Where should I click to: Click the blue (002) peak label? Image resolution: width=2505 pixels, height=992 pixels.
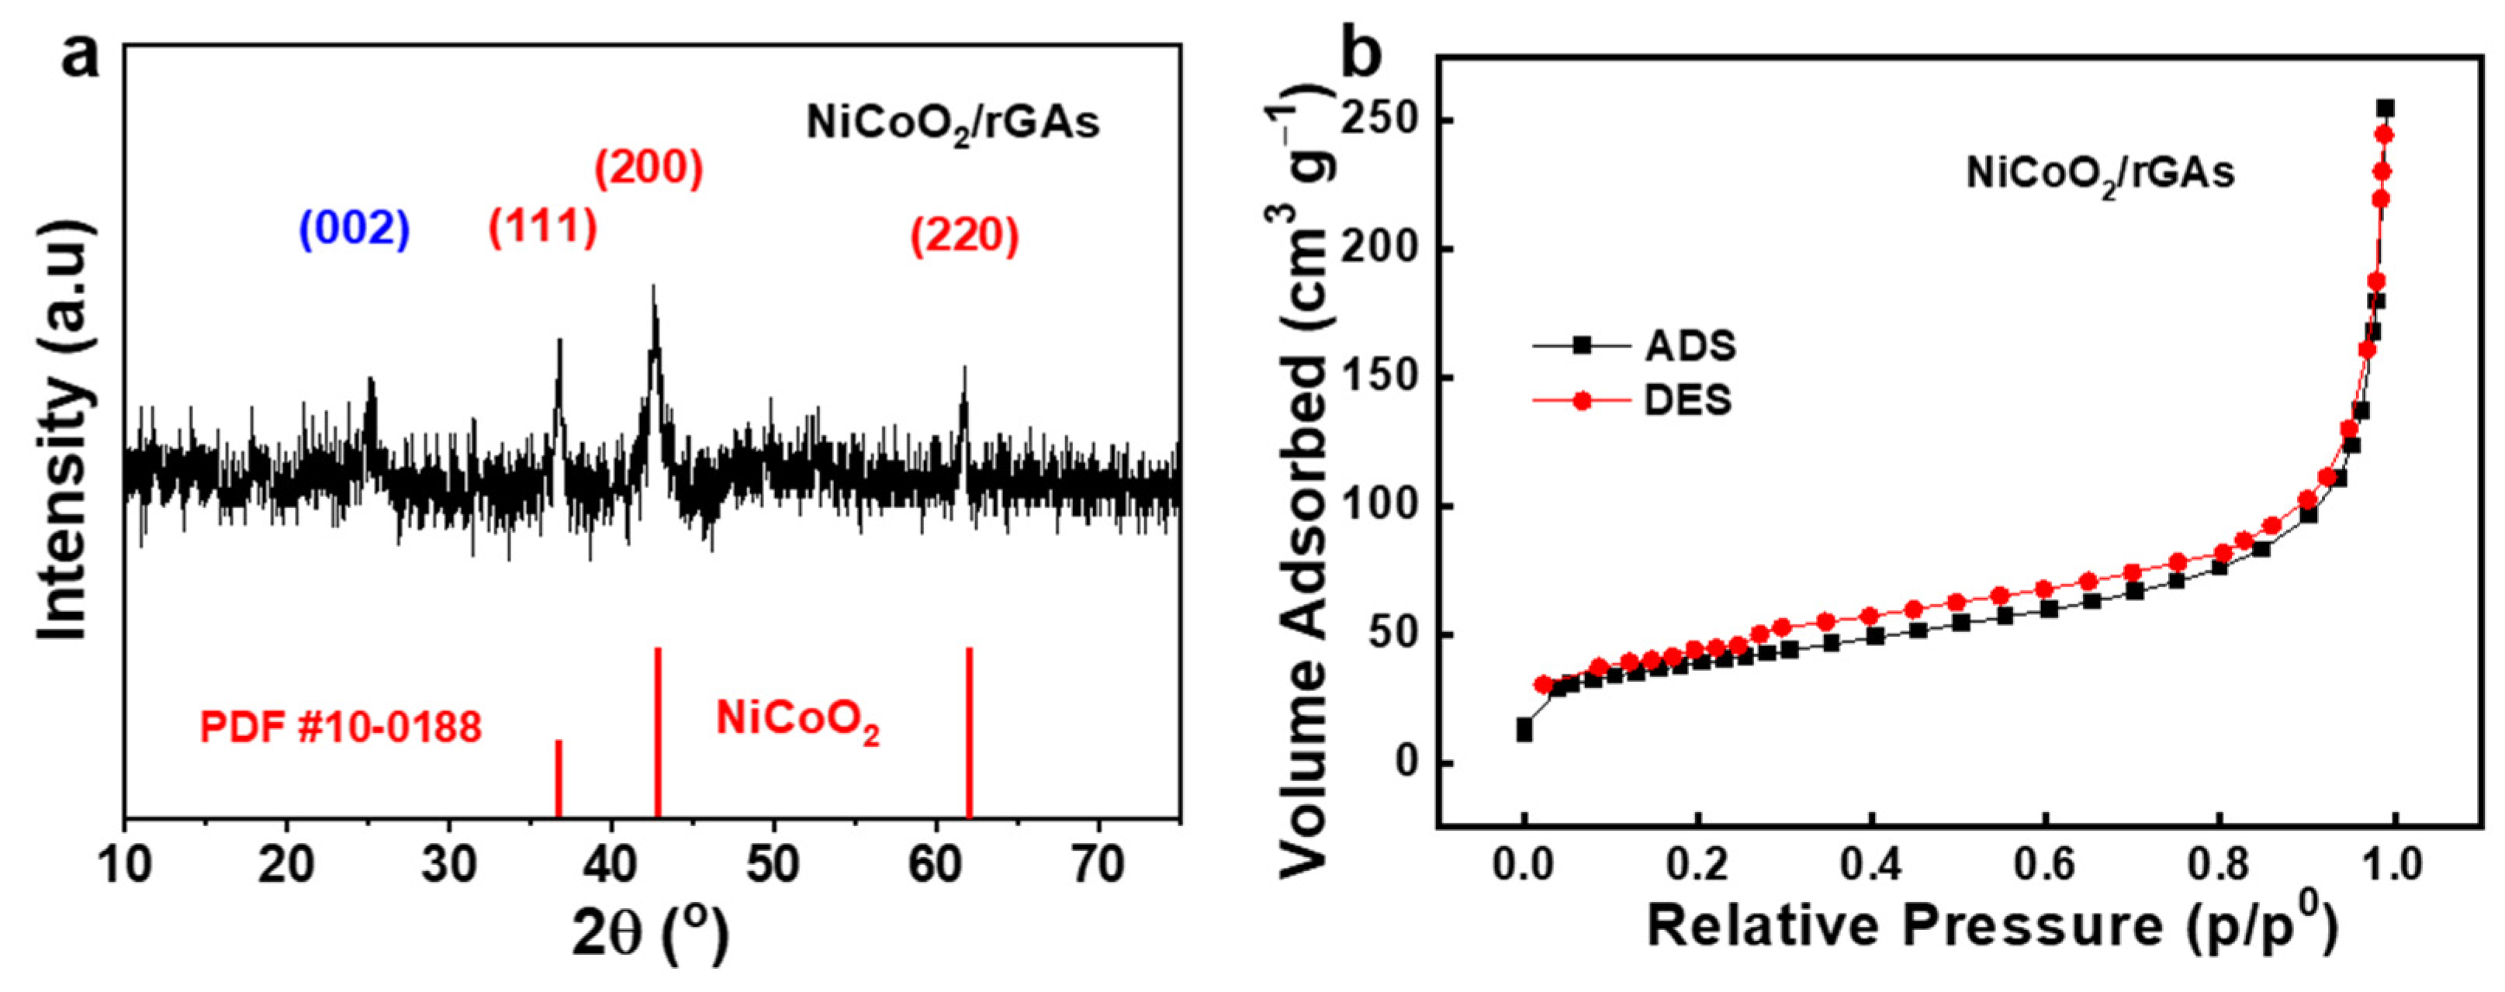[354, 230]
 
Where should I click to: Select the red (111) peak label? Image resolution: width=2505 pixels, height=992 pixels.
[541, 226]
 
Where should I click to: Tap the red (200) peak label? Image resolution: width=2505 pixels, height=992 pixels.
[649, 168]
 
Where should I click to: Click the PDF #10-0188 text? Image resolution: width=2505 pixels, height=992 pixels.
[341, 728]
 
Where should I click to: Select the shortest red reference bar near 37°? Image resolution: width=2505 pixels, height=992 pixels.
[559, 778]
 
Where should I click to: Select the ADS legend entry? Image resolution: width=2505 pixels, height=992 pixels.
[1635, 345]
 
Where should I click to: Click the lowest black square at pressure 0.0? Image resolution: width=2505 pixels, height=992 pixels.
[1524, 733]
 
